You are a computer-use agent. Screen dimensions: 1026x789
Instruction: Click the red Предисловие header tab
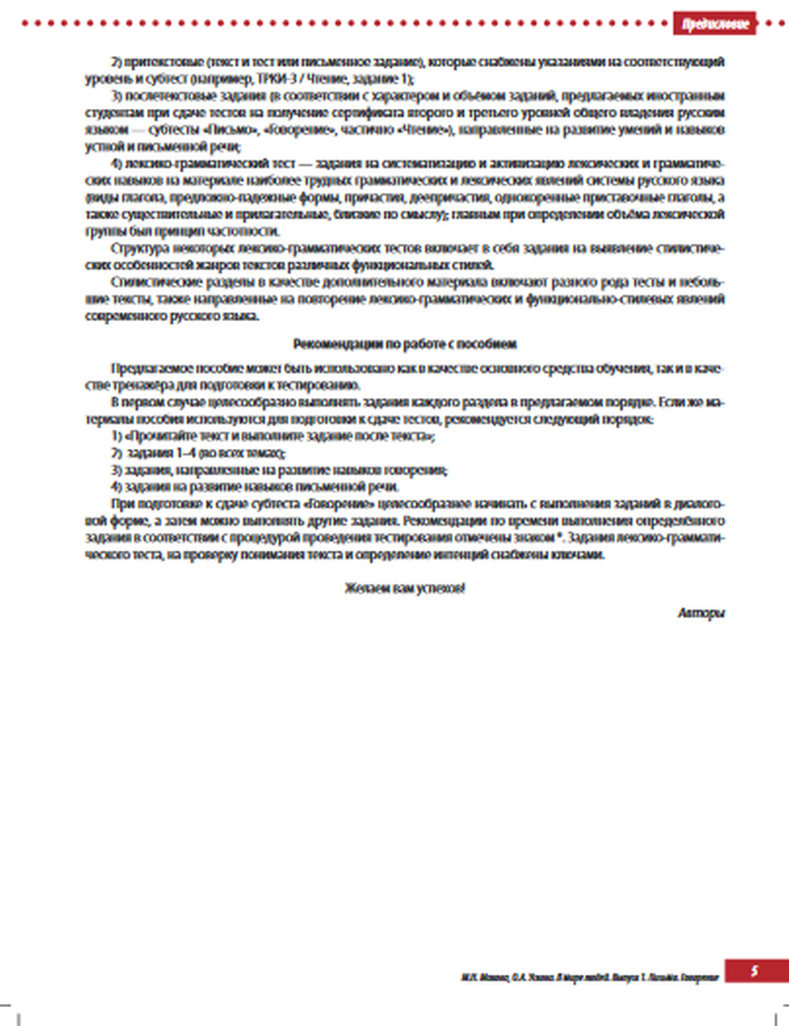pyautogui.click(x=716, y=24)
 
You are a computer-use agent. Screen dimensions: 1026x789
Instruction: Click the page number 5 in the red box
pyautogui.click(x=754, y=971)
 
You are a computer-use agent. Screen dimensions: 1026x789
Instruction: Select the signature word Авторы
pyautogui.click(x=701, y=612)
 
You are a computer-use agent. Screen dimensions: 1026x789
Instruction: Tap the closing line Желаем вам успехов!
pyautogui.click(x=405, y=588)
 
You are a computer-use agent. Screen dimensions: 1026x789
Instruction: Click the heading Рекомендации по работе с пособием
pyautogui.click(x=405, y=344)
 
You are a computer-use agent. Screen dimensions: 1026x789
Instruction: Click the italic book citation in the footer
pyautogui.click(x=590, y=977)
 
